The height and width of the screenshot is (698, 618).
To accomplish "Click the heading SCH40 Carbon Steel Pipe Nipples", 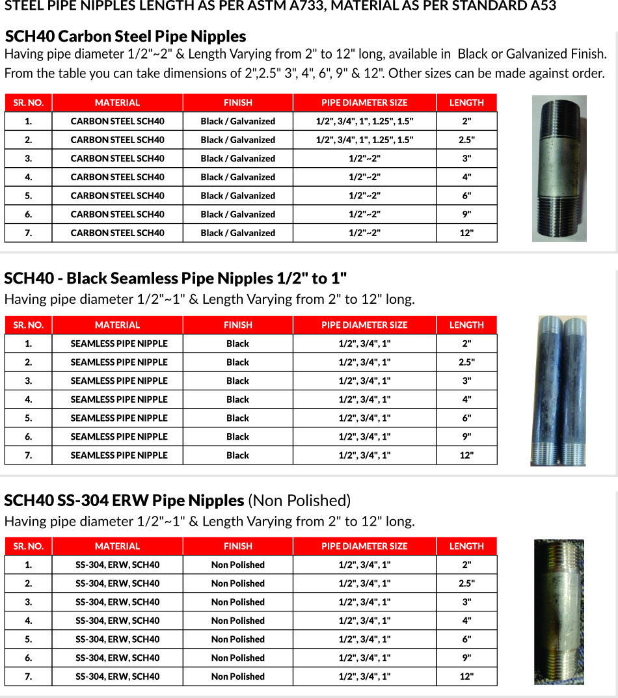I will (x=126, y=36).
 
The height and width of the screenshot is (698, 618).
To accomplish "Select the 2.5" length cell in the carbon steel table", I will (x=466, y=140).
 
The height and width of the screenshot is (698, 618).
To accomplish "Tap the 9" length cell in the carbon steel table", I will (x=466, y=214).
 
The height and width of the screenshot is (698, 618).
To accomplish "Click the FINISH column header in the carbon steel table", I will (x=237, y=103).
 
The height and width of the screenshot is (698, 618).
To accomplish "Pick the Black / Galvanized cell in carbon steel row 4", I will (x=237, y=177).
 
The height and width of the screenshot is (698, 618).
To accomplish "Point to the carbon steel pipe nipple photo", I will (x=559, y=168).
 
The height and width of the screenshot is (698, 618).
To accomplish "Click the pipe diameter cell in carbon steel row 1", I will (x=364, y=121).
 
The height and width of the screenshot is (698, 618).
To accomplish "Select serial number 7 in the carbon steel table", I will (x=29, y=233).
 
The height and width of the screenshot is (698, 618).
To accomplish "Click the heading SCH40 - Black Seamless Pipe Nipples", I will (x=176, y=278).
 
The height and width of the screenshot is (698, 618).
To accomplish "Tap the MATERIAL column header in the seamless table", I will (x=117, y=325).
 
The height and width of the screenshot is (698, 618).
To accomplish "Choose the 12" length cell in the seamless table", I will (x=466, y=455).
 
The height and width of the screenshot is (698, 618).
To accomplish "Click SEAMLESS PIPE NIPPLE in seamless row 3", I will (x=119, y=381).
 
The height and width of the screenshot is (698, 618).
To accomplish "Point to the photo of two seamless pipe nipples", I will (x=558, y=391).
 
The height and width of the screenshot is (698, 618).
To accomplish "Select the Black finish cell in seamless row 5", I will (x=237, y=418).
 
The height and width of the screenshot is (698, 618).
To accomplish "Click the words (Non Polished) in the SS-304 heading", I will (x=299, y=500).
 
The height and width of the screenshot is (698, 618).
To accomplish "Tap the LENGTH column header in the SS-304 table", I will (x=466, y=546).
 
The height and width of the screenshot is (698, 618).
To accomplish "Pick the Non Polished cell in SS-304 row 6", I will (x=237, y=658).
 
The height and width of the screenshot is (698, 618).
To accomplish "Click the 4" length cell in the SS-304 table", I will (x=466, y=621).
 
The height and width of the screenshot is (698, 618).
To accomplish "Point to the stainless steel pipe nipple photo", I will (x=559, y=611).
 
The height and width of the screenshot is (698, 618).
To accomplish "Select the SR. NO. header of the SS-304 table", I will (x=29, y=546).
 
